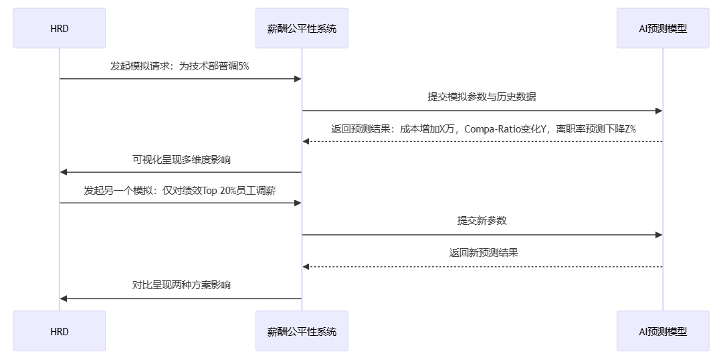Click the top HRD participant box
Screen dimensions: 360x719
(x=59, y=28)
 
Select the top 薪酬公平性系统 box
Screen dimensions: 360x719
(x=302, y=28)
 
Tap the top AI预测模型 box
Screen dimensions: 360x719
(x=663, y=28)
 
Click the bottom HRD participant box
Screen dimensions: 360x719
(x=59, y=331)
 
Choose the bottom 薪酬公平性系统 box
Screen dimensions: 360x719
(x=302, y=331)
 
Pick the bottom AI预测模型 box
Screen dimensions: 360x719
(x=663, y=331)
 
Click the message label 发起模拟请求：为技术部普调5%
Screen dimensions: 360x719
(x=180, y=66)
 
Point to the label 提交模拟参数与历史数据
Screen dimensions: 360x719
(x=482, y=97)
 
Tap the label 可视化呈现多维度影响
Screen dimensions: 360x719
(x=181, y=160)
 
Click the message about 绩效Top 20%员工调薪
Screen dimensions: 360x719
(x=180, y=191)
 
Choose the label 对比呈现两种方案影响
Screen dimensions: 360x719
(x=181, y=285)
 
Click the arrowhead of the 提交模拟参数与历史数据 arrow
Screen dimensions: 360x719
(x=659, y=110)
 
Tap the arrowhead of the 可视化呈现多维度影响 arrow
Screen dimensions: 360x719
(x=64, y=173)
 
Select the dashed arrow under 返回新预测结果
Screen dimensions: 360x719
(x=482, y=267)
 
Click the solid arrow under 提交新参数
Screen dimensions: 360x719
(x=482, y=235)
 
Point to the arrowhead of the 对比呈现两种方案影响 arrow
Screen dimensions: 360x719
(x=64, y=298)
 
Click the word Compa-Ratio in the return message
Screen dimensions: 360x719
(x=493, y=128)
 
